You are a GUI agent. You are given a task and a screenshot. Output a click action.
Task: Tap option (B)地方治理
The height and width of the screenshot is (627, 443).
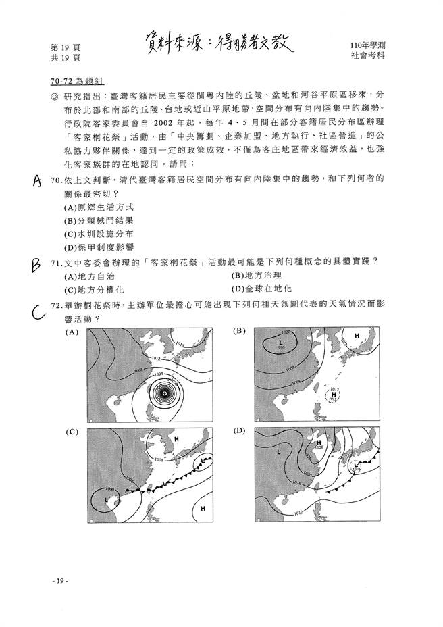[257, 276]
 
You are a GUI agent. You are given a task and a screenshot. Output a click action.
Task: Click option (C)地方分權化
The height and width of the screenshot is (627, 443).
[94, 289]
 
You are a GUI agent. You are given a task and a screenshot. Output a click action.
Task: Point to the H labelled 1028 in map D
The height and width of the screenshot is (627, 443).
[319, 443]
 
